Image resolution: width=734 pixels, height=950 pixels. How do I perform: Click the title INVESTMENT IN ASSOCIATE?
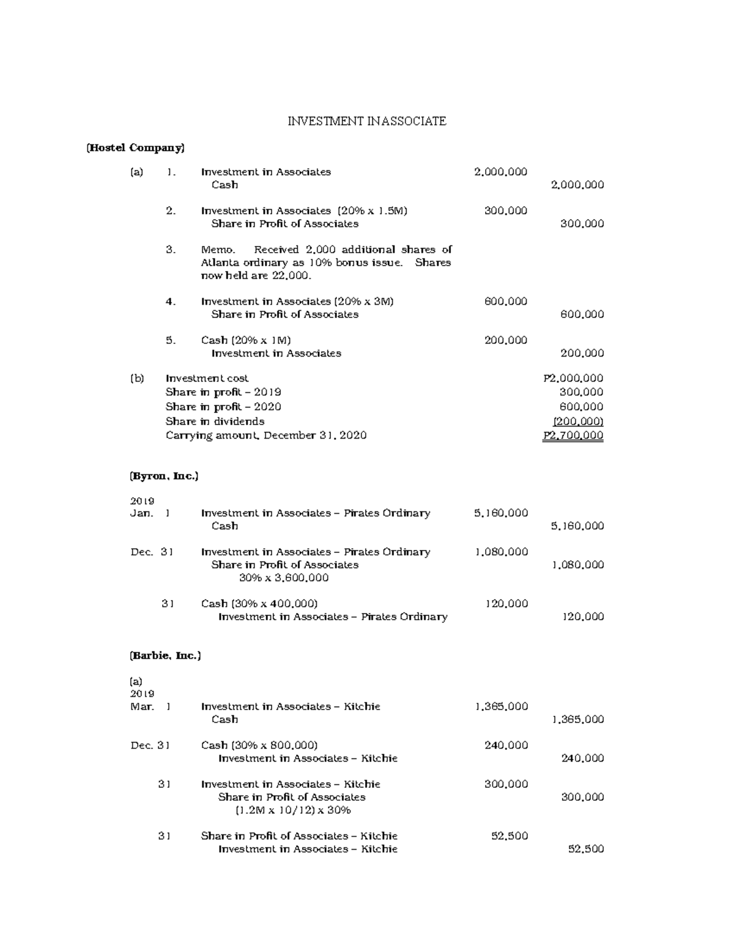367,121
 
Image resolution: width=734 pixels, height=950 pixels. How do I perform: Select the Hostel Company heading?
135,147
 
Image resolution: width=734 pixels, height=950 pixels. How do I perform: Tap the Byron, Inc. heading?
164,475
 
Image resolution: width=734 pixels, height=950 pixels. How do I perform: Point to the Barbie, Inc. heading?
165,655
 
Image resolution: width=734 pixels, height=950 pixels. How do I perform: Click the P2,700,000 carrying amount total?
573,436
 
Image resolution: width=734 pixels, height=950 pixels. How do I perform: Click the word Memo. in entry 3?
218,250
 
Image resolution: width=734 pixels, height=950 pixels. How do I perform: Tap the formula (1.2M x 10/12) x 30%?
293,810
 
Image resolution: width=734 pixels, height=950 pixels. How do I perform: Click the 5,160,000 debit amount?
500,513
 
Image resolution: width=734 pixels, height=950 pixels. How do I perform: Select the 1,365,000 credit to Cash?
577,719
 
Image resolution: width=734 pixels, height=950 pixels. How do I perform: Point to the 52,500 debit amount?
510,836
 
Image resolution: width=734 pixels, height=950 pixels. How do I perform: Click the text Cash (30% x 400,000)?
259,603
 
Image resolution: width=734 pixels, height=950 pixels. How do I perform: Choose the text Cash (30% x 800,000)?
259,745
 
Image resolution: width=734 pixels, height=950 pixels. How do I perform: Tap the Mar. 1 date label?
150,707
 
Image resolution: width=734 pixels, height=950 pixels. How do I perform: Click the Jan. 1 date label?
150,513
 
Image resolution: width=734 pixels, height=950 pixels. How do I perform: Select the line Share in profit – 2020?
223,407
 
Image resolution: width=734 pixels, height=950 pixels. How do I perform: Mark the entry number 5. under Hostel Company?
171,340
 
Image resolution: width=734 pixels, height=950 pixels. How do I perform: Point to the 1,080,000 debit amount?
501,552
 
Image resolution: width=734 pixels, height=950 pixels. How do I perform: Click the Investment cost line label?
207,378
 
